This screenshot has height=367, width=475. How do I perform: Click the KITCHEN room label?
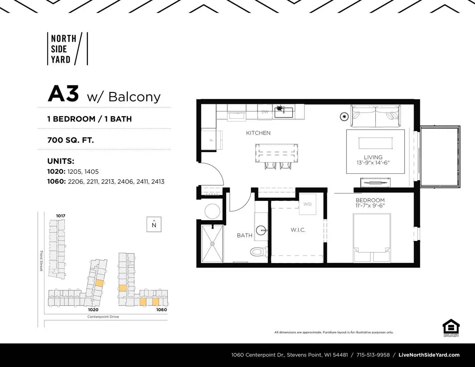pos(258,133)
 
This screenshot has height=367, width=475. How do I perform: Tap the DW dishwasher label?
pos(265,112)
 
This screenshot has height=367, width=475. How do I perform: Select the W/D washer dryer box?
pos(307,204)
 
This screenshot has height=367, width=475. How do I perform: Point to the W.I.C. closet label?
pos(298,230)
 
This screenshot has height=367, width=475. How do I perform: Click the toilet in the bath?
pos(259,252)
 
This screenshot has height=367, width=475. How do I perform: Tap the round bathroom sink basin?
pos(261,230)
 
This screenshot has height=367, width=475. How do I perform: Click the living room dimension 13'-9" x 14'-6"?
pos(373,163)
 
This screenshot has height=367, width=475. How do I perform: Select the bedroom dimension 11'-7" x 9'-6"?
pos(370,206)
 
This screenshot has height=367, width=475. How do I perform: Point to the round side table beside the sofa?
pos(344,116)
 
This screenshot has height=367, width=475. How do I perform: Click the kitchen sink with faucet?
pos(283,112)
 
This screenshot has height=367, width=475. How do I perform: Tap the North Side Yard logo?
pos(68,49)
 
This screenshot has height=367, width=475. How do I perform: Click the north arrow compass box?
pos(154,224)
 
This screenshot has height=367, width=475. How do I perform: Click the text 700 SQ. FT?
pos(71,140)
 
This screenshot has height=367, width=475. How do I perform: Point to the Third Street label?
pos(41,261)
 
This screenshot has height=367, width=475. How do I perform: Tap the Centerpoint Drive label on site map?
pos(103,317)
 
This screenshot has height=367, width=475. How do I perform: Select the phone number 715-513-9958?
pos(373,355)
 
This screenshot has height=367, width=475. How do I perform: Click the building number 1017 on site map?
pos(60,216)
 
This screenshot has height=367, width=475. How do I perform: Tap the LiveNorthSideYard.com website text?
pos(429,355)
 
